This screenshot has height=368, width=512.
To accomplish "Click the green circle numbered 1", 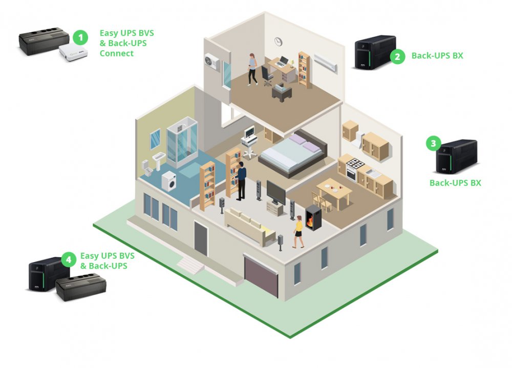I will coord(79,37).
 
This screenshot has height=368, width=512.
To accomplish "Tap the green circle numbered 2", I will coord(398,56).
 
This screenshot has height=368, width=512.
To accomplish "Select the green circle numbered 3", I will coord(434,144).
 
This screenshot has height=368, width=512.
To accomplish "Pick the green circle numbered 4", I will coord(68,259).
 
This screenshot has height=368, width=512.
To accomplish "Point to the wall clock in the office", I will coord(278,41).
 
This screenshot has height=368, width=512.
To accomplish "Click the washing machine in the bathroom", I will coord(168,181).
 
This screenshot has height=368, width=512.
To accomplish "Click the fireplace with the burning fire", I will coord(313,218).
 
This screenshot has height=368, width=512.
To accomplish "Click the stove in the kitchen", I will coord(354,169).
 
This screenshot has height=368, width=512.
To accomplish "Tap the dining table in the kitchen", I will coord(334,191).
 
